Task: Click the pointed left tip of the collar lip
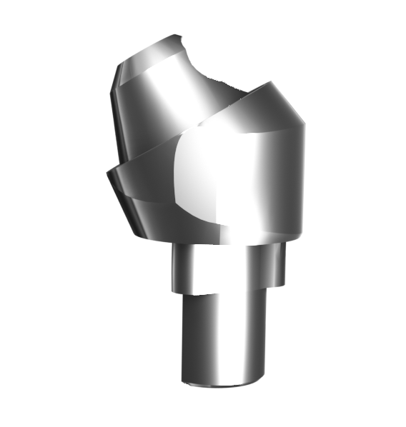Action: click(107, 171)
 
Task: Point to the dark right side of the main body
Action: click(289, 186)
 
